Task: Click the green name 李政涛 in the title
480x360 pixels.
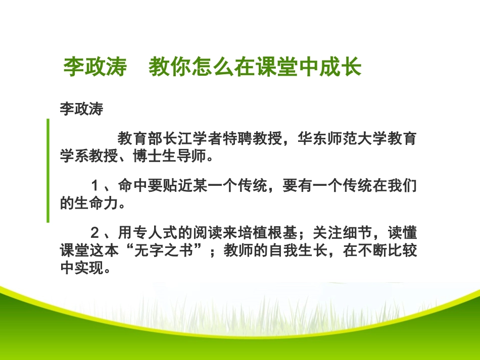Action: [x=94, y=67]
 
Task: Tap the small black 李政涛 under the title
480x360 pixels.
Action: [x=81, y=110]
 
